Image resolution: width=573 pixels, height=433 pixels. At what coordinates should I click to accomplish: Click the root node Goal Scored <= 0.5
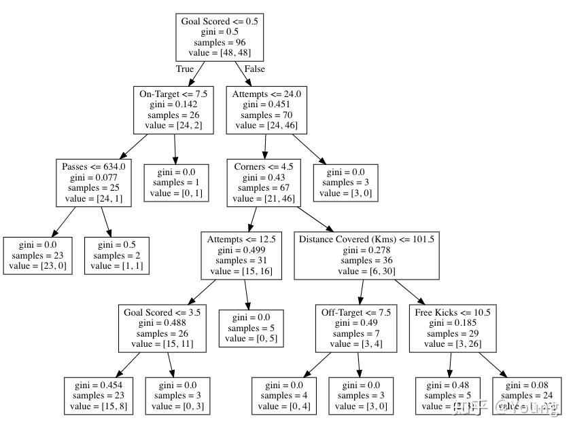(219, 37)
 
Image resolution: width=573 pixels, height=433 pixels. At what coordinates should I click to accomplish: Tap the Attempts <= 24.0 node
(266, 109)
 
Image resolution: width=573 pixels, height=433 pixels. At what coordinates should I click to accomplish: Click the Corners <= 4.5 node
(263, 182)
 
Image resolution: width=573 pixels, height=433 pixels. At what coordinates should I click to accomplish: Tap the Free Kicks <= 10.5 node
(452, 328)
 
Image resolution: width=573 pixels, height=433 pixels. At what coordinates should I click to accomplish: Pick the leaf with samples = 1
(175, 182)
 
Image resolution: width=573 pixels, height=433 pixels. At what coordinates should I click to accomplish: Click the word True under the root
(184, 69)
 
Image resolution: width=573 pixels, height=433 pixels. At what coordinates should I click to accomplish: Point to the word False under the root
(254, 69)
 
